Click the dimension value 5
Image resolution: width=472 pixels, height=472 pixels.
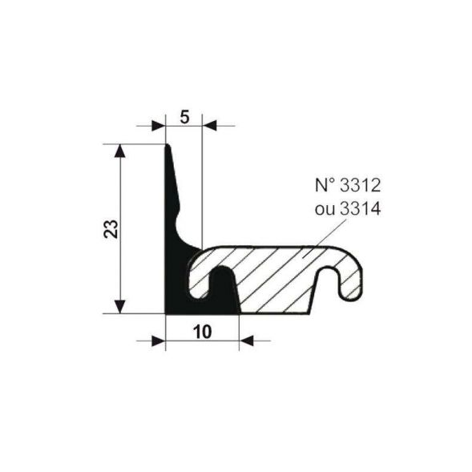tap(184, 118)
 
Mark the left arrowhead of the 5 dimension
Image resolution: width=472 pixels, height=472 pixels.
tap(159, 126)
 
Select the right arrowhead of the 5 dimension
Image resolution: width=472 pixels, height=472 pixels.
tap(208, 126)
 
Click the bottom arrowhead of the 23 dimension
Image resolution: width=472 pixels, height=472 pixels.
tap(120, 306)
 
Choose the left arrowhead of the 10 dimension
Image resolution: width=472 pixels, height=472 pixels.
tap(158, 341)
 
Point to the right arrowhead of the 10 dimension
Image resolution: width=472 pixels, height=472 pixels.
tap(247, 341)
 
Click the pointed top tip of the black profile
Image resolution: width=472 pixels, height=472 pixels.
tap(167, 146)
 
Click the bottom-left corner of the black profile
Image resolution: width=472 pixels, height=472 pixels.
tap(166, 313)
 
